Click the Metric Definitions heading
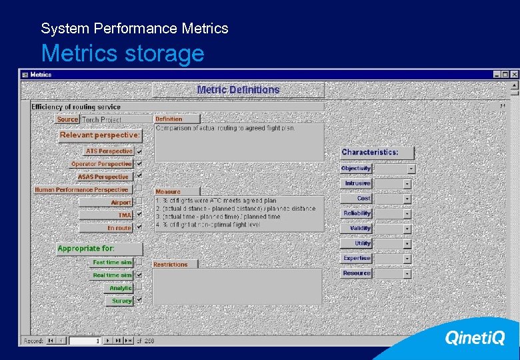pos(238,90)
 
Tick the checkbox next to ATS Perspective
pos(139,151)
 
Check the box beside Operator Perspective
pos(139,164)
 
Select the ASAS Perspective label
pos(103,177)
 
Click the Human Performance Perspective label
pos(81,190)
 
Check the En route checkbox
pos(139,227)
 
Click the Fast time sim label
pos(112,263)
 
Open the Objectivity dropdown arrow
pos(411,169)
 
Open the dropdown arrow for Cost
pos(407,199)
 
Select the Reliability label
pos(357,213)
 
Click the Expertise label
pos(357,259)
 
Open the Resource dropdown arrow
pos(407,273)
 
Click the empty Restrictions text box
pos(237,287)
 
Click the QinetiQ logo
pos(475,339)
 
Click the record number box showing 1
pos(85,341)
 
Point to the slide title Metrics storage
pos(123,53)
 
